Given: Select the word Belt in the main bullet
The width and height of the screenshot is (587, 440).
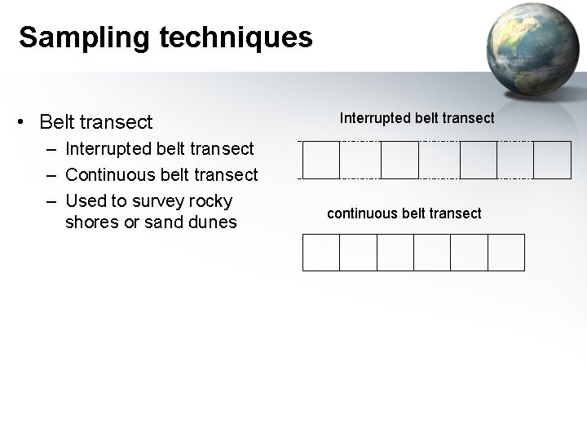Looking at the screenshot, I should pos(56,122).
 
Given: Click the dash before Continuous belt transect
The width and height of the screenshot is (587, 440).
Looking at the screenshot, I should pos(51,174).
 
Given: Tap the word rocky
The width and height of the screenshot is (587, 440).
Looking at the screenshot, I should pos(211,200).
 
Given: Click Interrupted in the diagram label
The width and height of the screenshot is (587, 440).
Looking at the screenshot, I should pos(373,118).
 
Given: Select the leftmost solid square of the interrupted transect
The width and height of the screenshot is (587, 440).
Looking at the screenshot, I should pos(320,160).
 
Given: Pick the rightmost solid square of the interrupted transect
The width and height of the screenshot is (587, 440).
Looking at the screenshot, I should pos(553,160).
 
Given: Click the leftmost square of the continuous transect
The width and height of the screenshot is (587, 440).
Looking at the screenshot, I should pos(320,252).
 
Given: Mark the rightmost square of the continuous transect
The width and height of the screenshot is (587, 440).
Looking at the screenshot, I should pos(505,252).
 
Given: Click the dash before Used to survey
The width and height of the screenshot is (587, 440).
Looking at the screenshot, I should pos(51,200).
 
